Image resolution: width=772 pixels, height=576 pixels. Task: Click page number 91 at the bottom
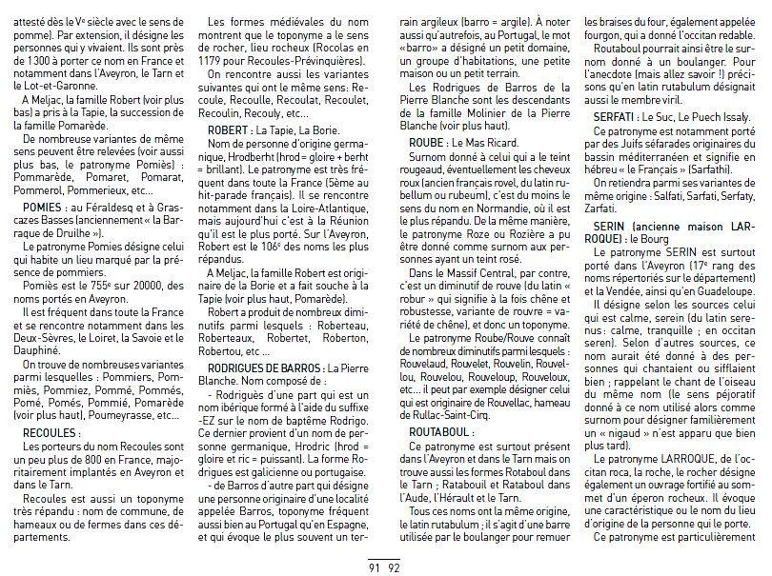click(375, 567)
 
